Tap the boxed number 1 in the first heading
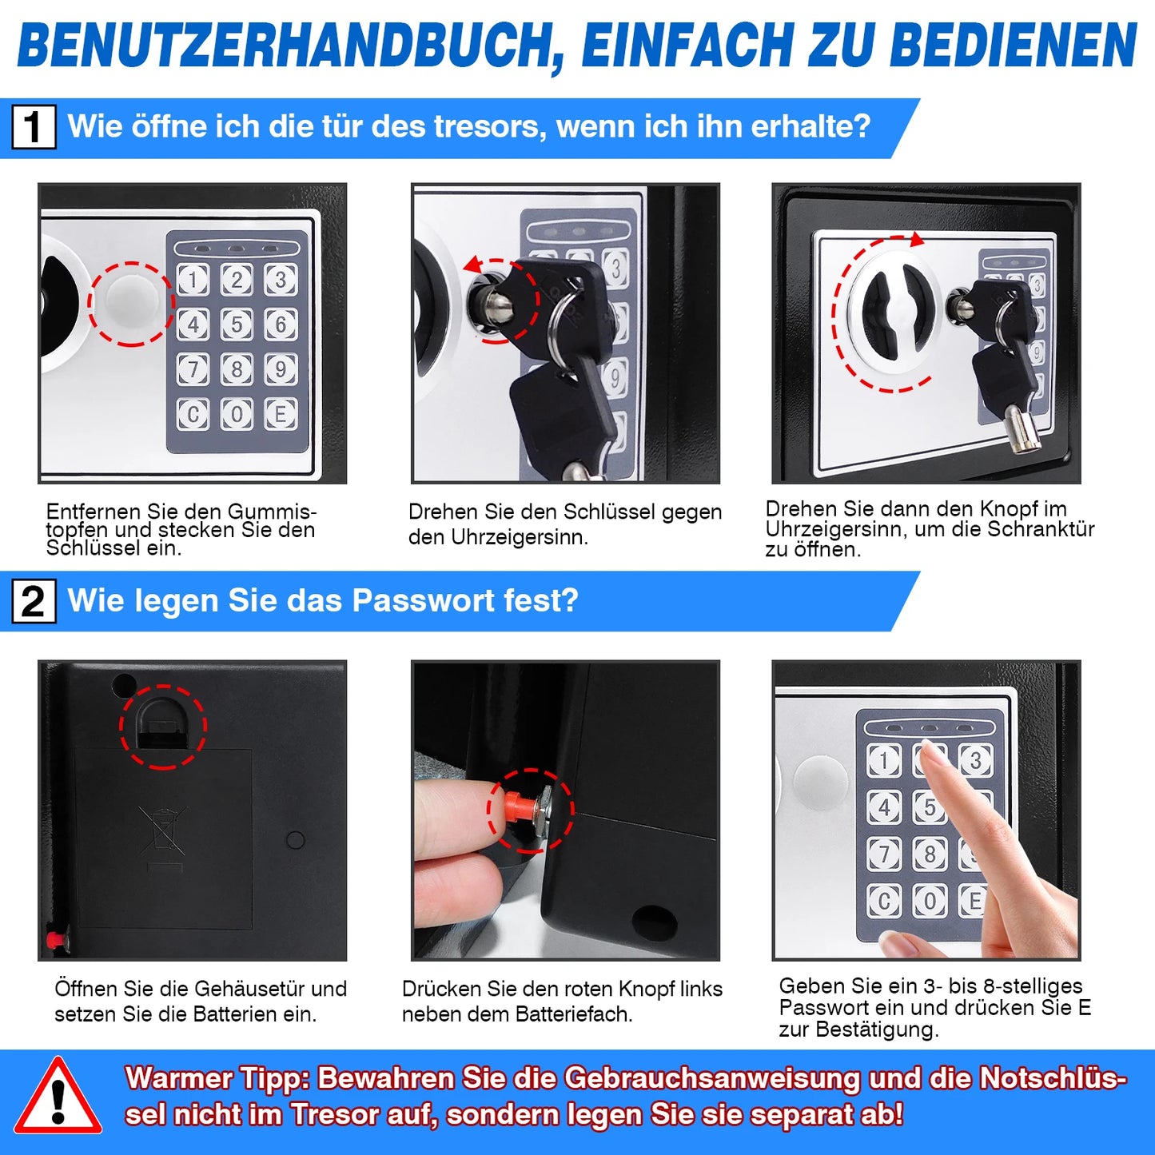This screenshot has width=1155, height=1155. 34,127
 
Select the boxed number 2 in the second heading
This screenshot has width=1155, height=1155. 34,601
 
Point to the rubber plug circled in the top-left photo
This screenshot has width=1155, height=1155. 130,304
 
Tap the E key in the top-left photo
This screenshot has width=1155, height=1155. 281,414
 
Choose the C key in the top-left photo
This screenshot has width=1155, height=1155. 193,414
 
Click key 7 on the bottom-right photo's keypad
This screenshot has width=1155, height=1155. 884,854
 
